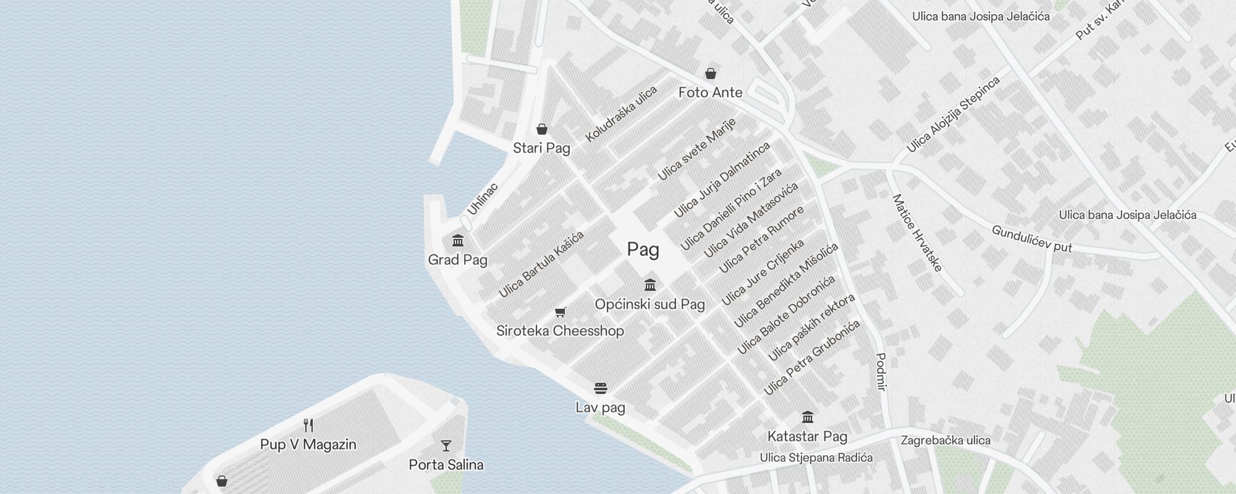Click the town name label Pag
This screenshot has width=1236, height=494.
[643, 249]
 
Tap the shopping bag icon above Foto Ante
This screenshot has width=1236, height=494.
[711, 73]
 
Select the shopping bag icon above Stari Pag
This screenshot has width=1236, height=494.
[542, 129]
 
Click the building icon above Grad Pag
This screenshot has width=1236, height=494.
[458, 240]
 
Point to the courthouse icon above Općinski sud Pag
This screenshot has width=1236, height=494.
[650, 285]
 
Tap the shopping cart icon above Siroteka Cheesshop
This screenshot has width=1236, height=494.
[561, 312]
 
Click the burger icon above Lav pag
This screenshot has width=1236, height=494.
[601, 388]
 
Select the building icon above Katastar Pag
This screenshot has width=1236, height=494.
[808, 417]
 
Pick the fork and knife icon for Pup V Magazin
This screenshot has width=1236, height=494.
[308, 425]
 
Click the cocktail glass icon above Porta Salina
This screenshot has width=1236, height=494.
[446, 445]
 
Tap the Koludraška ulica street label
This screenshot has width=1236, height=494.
[621, 114]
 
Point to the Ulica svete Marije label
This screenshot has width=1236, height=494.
[696, 149]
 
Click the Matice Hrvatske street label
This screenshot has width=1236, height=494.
[917, 233]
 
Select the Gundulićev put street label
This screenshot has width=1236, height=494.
[1031, 238]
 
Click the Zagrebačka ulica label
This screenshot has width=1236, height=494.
[946, 440]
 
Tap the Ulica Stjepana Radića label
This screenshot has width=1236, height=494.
[816, 458]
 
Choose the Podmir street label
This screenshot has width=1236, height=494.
[881, 372]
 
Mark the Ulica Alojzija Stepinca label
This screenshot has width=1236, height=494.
[953, 115]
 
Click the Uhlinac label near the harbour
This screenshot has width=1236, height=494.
[482, 199]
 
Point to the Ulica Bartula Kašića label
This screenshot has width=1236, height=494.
[541, 264]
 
